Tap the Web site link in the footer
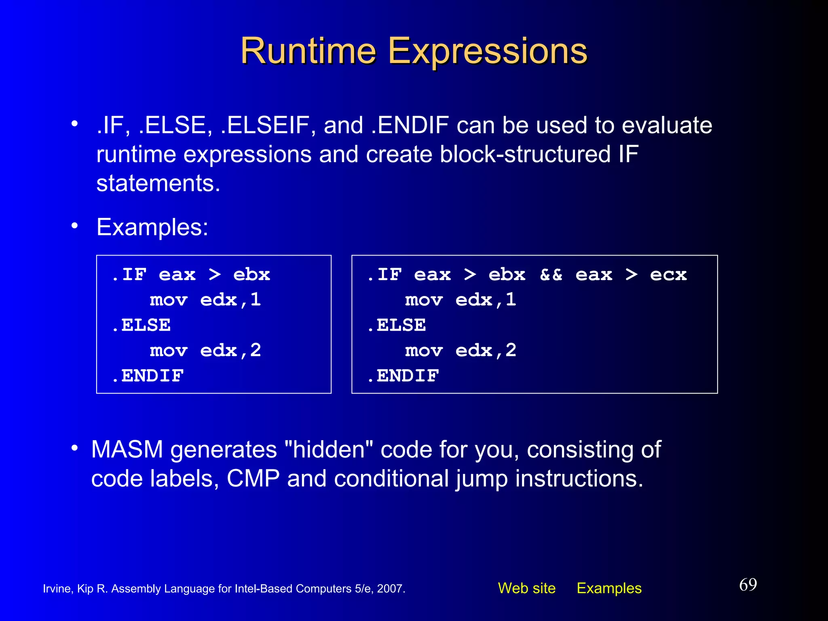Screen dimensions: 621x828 (526, 588)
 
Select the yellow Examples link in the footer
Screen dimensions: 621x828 (609, 588)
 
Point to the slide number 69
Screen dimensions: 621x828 (748, 585)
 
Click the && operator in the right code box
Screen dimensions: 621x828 (551, 275)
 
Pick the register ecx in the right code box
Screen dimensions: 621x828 (668, 275)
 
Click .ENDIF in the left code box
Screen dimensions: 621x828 (148, 376)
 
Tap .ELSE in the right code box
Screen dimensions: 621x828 (397, 325)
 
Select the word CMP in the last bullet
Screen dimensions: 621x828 (253, 479)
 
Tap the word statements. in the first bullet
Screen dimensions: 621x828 (158, 184)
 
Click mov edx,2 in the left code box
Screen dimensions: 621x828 (205, 351)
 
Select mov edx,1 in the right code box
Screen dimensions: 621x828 (460, 300)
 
